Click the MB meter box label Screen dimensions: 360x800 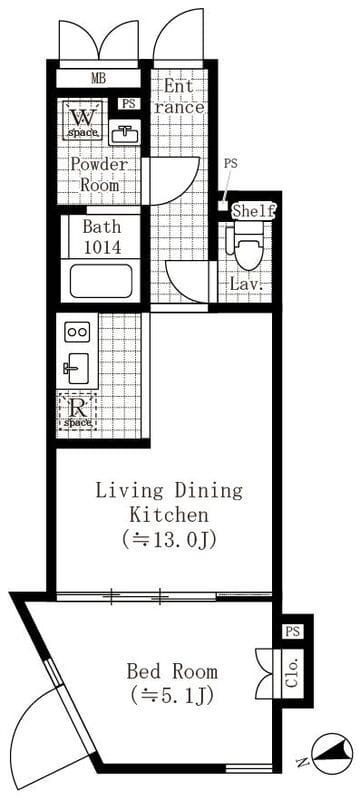(98, 79)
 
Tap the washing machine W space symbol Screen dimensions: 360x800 (84, 120)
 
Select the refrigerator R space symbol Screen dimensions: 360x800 (77, 411)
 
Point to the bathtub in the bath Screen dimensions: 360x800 (101, 281)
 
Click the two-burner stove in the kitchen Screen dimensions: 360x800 (77, 332)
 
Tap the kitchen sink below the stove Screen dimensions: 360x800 (76, 368)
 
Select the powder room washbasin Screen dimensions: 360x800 (124, 135)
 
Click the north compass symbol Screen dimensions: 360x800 (332, 753)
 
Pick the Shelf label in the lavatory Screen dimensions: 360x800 (254, 210)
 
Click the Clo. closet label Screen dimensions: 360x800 (294, 673)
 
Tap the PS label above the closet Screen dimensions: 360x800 (292, 632)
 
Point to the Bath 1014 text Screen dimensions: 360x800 (102, 237)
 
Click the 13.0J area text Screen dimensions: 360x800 (169, 539)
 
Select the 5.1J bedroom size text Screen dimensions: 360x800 (171, 695)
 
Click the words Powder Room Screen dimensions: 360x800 (99, 174)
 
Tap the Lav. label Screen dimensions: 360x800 (247, 285)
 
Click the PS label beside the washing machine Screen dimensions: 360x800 (129, 104)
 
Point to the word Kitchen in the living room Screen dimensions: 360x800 (169, 514)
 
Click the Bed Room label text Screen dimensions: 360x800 (172, 671)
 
